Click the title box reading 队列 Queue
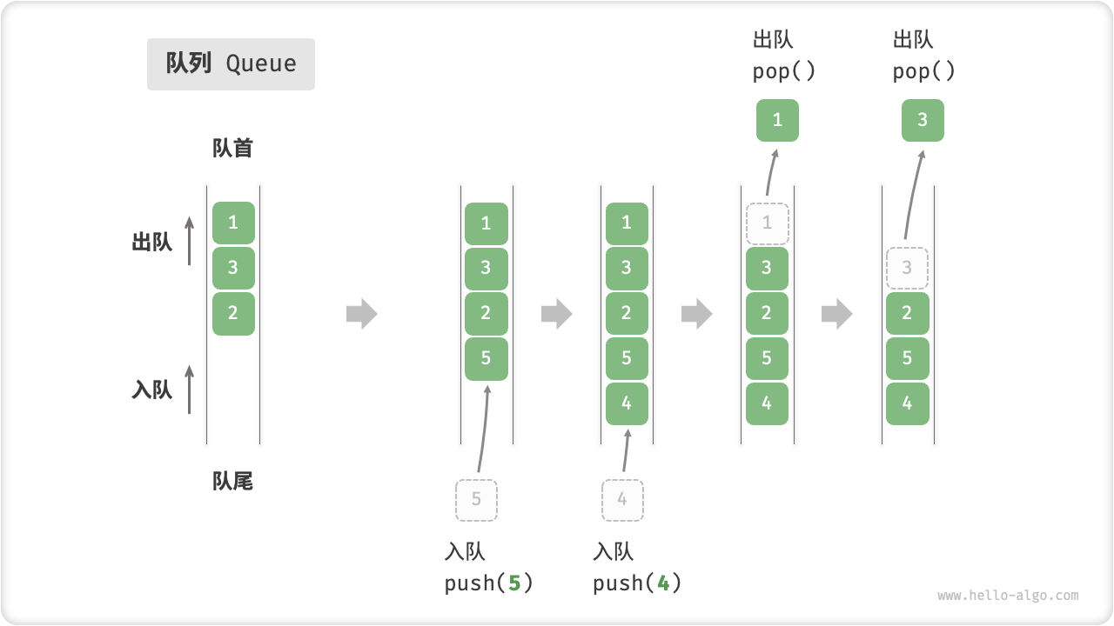(231, 64)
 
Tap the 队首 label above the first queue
(232, 148)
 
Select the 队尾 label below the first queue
(232, 481)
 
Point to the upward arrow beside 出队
(189, 241)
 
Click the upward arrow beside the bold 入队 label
(189, 389)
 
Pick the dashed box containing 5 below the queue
(476, 500)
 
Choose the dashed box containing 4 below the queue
(622, 500)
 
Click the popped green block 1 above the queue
(777, 120)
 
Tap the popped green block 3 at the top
(923, 120)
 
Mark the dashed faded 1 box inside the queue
(767, 223)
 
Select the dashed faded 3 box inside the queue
(907, 268)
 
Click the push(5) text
(488, 583)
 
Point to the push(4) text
(637, 583)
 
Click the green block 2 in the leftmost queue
(233, 313)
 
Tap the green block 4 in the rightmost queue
(907, 403)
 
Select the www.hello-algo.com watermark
(1008, 596)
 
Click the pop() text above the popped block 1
(784, 71)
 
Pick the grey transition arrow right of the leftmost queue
(361, 313)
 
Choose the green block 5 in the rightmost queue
(907, 358)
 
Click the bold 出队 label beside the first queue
(152, 243)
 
